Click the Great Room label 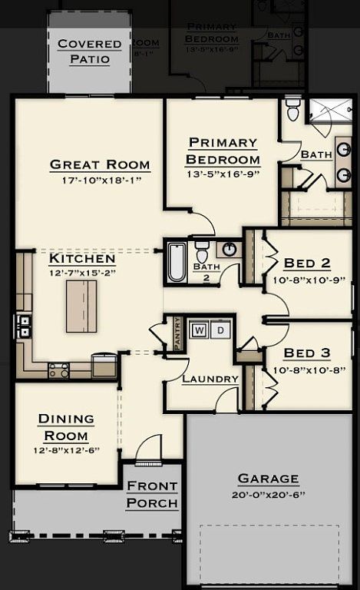click(x=100, y=164)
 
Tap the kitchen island click(x=81, y=306)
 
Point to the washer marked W click(x=199, y=330)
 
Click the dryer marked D click(x=220, y=330)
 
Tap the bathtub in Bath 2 click(x=176, y=262)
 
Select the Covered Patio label click(x=90, y=51)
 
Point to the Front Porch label click(x=152, y=495)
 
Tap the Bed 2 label click(x=307, y=264)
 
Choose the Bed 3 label click(x=307, y=353)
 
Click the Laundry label click(x=210, y=379)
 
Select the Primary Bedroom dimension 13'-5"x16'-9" click(x=222, y=174)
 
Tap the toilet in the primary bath click(x=292, y=111)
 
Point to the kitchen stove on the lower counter click(x=59, y=370)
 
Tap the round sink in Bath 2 click(x=228, y=249)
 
